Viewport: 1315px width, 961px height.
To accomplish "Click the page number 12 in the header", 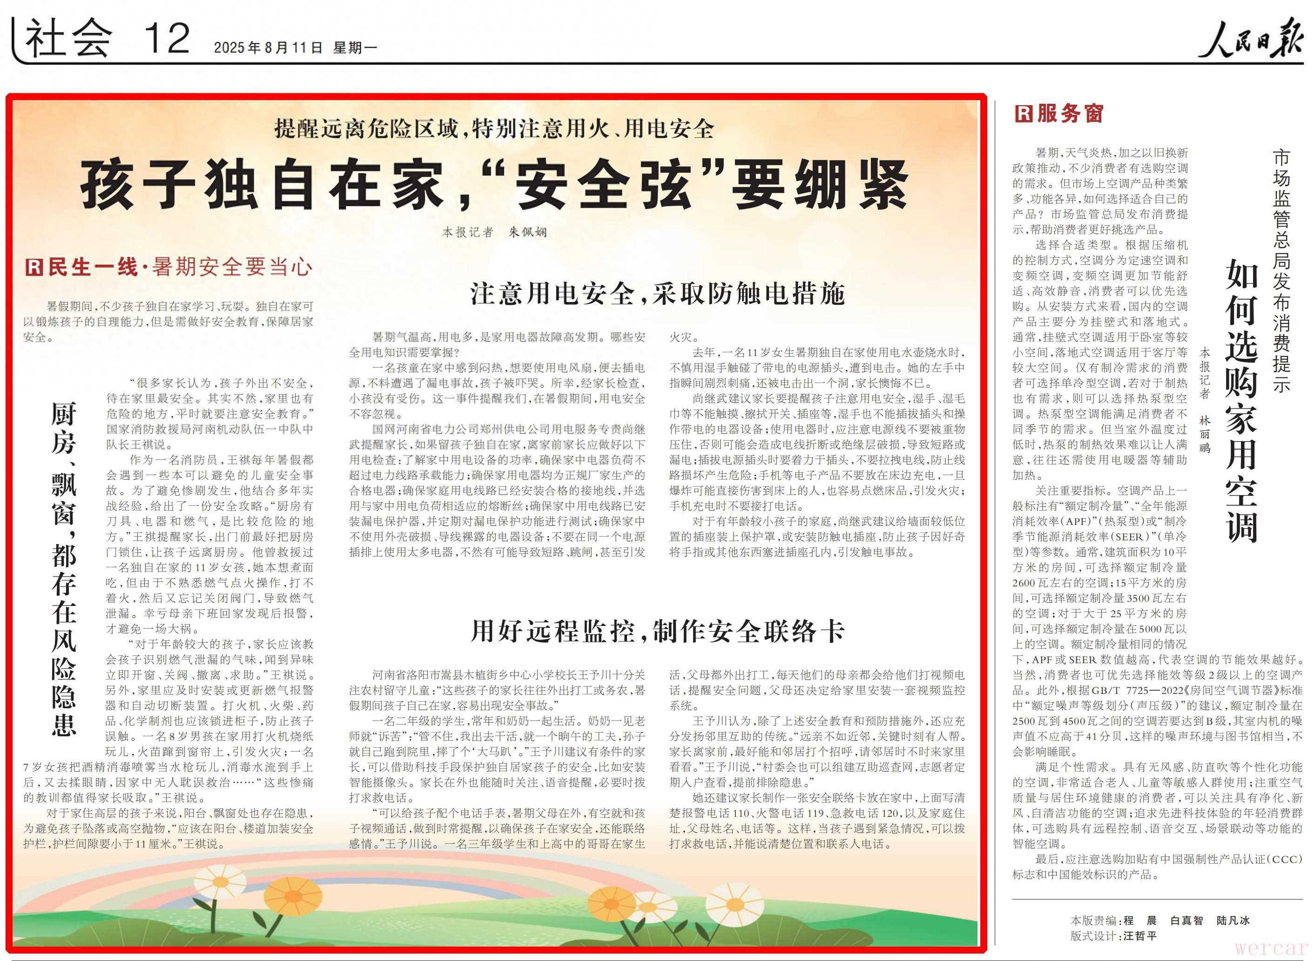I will click(167, 39).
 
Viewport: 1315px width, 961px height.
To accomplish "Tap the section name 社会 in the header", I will click(69, 40).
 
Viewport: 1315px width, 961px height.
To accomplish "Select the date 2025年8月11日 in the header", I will click(268, 47).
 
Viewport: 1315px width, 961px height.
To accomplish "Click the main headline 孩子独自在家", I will click(494, 186).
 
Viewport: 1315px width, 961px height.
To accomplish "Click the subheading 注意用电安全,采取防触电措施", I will click(657, 294).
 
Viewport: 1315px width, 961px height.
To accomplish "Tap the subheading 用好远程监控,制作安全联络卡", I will click(657, 631).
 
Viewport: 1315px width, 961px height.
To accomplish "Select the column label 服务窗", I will click(1070, 114).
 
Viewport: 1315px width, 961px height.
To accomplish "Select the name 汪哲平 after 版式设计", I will click(1140, 936).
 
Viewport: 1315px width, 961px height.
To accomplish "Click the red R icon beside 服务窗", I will click(1024, 114).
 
